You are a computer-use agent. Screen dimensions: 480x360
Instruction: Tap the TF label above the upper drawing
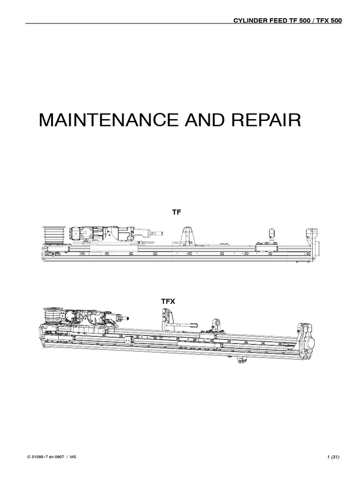click(x=176, y=212)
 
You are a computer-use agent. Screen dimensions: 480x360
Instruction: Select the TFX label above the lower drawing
click(x=168, y=301)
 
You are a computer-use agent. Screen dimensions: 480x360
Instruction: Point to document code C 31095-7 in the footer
click(x=38, y=457)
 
